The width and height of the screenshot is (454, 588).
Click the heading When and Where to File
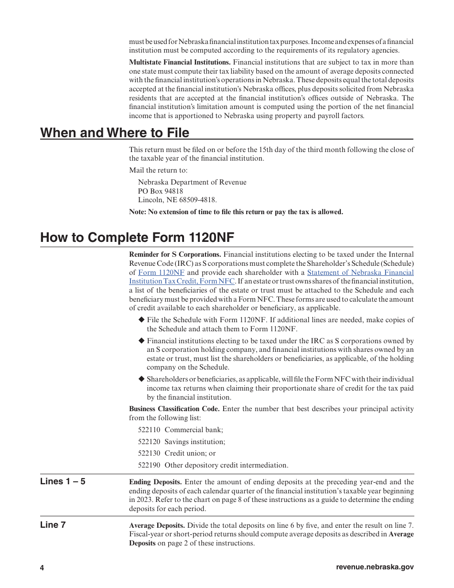(115, 132)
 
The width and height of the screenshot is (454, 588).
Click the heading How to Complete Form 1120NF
(137, 238)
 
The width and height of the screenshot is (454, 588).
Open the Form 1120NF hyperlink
(161, 272)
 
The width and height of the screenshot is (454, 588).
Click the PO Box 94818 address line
(161, 191)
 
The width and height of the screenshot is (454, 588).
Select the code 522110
(149, 430)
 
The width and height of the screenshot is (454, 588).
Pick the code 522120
(149, 442)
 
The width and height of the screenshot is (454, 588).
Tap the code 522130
(149, 453)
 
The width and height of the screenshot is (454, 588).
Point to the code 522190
(149, 465)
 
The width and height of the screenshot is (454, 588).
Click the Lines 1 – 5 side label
(63, 481)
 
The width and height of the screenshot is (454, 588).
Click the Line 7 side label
(53, 525)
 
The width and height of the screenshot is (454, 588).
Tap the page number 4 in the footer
(42, 568)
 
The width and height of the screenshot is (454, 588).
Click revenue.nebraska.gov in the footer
(375, 567)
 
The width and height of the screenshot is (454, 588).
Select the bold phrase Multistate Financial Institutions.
(180, 62)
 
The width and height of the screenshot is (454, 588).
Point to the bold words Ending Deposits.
(155, 482)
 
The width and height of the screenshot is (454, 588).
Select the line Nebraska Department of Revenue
(192, 182)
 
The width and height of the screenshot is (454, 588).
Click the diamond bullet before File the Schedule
(141, 320)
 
